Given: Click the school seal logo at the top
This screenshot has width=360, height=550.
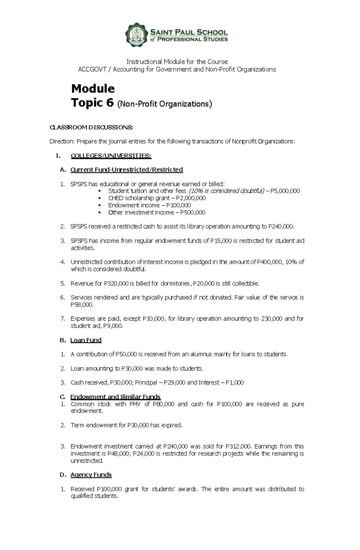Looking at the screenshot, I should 137,35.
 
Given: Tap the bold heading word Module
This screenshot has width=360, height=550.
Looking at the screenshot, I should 93,88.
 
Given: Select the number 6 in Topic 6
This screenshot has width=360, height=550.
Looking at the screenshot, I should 109,103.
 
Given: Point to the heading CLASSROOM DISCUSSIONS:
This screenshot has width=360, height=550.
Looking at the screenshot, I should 91,127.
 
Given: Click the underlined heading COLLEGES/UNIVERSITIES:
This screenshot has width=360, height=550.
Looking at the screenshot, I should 111,156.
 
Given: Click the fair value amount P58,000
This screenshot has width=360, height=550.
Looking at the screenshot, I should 82,305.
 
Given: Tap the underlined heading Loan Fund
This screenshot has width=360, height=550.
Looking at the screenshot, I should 86,340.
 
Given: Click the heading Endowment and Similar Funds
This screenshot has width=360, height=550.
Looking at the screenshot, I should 115,397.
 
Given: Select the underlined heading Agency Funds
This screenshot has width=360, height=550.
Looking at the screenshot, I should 91,475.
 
